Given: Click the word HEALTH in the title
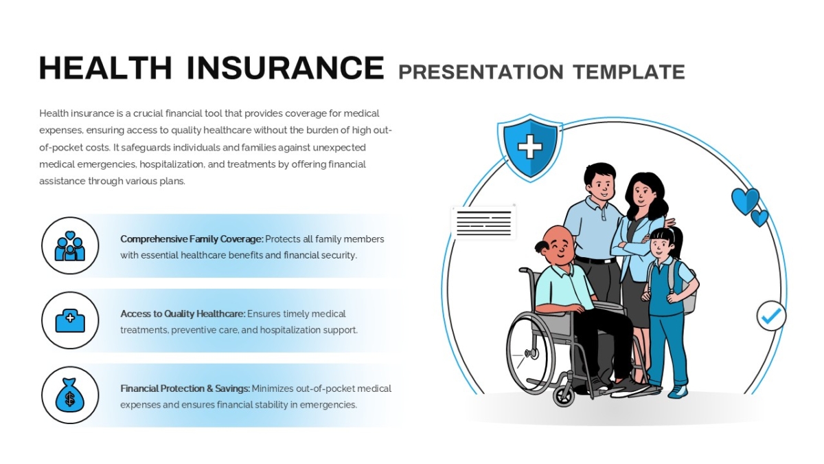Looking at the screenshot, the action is click(106, 68).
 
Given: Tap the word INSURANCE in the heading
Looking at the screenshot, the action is click(286, 68).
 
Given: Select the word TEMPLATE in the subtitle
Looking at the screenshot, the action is click(629, 71).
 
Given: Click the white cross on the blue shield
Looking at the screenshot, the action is click(529, 146).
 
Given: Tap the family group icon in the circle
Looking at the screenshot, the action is click(70, 246).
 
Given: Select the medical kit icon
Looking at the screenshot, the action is click(70, 321).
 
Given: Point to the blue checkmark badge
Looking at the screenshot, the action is click(771, 316).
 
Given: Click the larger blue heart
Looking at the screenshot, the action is click(745, 201).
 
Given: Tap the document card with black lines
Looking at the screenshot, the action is click(483, 223).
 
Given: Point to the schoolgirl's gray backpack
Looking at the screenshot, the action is click(688, 291).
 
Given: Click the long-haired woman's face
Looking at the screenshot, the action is click(641, 195).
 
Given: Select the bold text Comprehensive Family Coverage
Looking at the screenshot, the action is click(192, 239).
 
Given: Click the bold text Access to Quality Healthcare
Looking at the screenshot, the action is click(183, 314).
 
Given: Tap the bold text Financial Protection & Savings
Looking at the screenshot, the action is click(185, 389).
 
